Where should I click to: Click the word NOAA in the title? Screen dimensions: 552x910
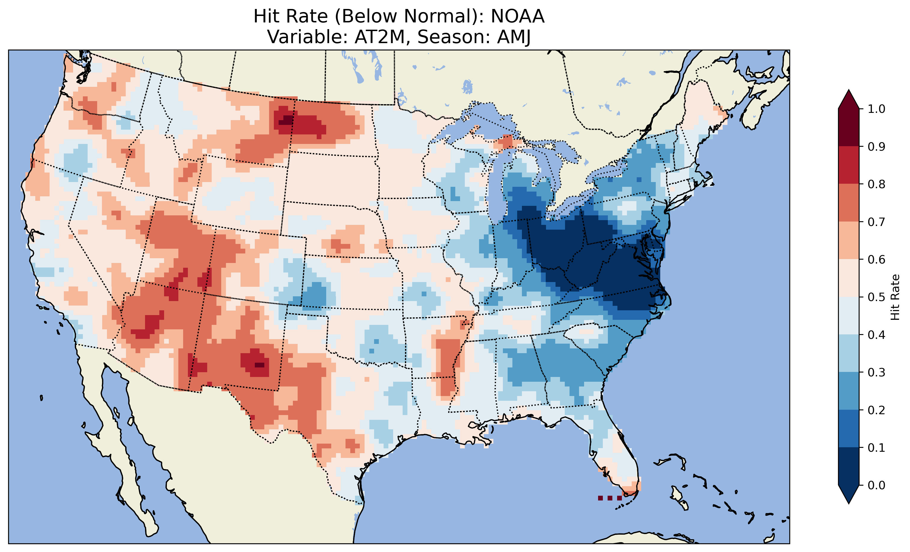tap(517, 16)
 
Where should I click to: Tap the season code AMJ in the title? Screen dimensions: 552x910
tap(514, 37)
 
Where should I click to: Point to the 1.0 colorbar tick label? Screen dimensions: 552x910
tap(876, 109)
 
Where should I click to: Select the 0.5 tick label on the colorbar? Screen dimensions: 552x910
tap(876, 297)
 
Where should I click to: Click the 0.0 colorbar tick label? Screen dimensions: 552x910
tap(876, 485)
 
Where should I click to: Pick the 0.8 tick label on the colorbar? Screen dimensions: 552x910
tap(876, 184)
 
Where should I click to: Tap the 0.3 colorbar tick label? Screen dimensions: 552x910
tap(876, 372)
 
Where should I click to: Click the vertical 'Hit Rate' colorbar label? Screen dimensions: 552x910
tap(895, 297)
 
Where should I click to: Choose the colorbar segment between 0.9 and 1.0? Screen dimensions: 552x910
tap(849, 127)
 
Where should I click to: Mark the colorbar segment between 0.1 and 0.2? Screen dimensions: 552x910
tap(849, 428)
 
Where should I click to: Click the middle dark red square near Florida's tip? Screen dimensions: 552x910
tap(610, 498)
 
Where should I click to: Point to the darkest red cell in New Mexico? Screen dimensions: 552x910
tap(260, 365)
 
